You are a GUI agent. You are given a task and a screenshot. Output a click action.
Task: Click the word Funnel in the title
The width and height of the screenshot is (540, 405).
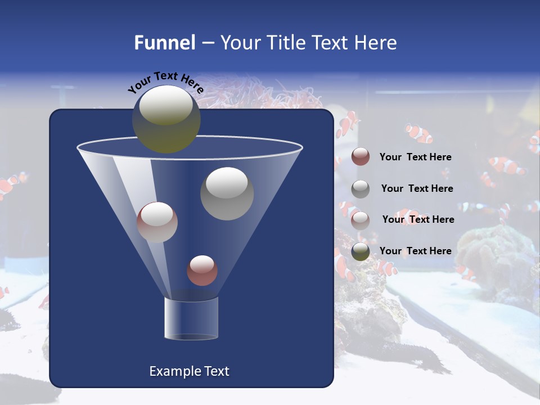pos(164,43)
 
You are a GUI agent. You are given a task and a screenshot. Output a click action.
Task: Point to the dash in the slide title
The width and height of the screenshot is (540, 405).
pos(208,43)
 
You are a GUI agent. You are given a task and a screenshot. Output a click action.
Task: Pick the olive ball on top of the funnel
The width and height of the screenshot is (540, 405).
pos(166,119)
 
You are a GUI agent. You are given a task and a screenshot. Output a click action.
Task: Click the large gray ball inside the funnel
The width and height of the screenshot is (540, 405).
pos(227,193)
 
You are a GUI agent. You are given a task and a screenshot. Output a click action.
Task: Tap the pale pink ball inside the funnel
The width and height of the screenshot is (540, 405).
pos(157,222)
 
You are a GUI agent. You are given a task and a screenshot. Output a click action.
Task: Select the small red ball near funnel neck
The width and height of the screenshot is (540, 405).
pos(202,271)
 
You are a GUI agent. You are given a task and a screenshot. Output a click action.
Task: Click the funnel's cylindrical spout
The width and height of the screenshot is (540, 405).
pos(191,318)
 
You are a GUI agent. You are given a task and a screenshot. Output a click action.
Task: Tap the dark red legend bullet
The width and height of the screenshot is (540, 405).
pos(361,156)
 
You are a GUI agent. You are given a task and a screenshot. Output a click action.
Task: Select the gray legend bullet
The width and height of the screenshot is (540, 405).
pos(361,188)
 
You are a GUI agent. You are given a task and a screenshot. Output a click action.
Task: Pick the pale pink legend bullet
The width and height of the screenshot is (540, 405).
pos(361,220)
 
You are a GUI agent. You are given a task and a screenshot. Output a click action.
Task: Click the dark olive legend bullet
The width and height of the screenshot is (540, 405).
pos(361,251)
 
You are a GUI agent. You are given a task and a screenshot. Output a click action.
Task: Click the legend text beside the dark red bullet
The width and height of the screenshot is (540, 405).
pos(415,157)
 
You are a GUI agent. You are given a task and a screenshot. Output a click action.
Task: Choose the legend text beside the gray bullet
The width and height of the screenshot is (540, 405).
pos(417,188)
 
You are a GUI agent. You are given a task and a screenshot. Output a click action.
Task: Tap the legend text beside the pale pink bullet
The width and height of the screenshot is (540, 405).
pos(418,219)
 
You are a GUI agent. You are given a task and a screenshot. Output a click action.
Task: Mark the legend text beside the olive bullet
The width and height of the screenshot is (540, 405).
pos(415,251)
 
